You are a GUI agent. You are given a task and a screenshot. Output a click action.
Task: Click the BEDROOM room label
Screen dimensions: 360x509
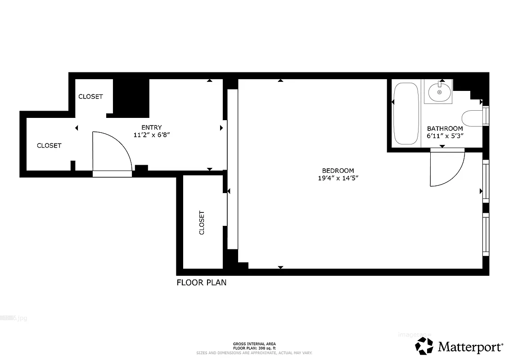(x=338, y=171)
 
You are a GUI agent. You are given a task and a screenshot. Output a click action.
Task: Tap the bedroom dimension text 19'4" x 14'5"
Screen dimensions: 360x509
(x=338, y=178)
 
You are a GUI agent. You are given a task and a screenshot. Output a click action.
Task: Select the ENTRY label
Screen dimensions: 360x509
(x=151, y=127)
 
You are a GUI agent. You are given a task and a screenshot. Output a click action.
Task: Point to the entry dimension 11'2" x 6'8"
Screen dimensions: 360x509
(x=151, y=135)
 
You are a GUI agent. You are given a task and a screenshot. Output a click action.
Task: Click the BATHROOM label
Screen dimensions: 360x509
(x=445, y=128)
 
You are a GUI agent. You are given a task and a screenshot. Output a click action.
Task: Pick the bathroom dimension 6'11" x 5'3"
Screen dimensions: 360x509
(x=445, y=135)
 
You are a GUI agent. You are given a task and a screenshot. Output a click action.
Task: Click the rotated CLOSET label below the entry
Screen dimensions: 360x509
(x=202, y=223)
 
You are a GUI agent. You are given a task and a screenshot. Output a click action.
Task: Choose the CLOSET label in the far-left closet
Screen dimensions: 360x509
(x=49, y=145)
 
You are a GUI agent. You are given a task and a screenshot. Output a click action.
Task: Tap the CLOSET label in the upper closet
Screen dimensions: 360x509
(x=90, y=96)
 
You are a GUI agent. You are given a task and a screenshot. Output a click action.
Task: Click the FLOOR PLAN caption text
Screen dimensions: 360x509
(x=201, y=283)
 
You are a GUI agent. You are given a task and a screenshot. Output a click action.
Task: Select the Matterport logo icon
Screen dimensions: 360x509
(x=423, y=346)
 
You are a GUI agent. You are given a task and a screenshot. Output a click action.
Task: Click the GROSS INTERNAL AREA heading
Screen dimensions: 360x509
(x=254, y=344)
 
